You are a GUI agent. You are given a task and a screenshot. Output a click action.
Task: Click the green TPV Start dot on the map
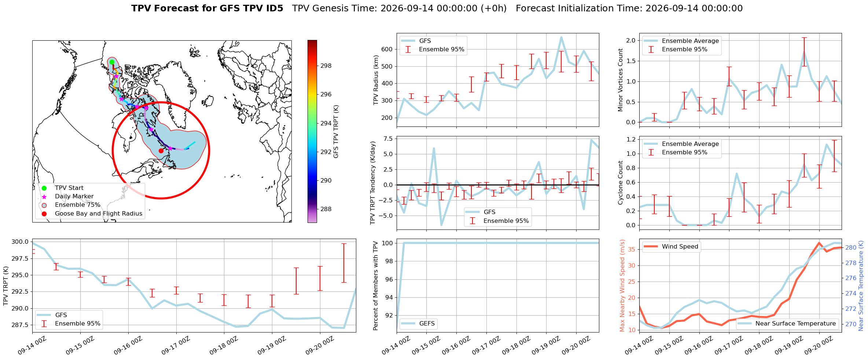click(112, 62)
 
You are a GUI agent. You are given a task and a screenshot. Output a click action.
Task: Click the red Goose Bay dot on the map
click(161, 151)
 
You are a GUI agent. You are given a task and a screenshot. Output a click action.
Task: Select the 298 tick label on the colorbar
click(326, 66)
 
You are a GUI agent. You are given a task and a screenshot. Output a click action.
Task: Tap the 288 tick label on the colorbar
click(326, 209)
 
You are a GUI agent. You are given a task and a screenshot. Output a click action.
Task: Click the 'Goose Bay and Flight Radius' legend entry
click(99, 214)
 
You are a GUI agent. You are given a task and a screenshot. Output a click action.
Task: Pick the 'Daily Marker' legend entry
click(74, 196)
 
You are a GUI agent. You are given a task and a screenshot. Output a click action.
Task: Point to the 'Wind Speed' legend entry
click(680, 247)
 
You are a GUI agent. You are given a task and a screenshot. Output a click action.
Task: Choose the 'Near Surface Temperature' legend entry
click(795, 324)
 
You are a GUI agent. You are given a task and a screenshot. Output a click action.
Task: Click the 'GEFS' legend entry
click(427, 324)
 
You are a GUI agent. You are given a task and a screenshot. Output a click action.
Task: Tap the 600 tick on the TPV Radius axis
click(387, 49)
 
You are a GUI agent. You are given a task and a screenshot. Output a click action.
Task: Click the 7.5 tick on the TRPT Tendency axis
click(388, 139)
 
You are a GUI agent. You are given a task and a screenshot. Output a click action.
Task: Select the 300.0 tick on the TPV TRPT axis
click(20, 242)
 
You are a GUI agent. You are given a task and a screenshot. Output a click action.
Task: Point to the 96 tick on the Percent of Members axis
click(389, 279)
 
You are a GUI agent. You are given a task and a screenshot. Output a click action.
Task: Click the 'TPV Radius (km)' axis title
click(376, 80)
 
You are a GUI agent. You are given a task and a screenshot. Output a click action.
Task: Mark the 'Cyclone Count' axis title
click(620, 183)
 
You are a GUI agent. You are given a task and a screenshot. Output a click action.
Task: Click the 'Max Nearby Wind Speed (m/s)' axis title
click(622, 286)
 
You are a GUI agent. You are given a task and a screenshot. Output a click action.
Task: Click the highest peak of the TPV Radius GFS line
click(561, 37)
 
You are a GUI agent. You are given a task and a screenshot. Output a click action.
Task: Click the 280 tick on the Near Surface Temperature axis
click(851, 248)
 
